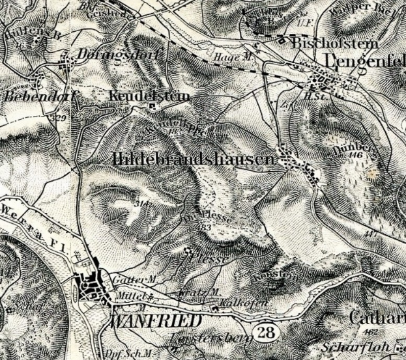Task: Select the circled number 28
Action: [267, 332]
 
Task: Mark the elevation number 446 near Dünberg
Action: [355, 156]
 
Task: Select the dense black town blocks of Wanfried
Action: [91, 285]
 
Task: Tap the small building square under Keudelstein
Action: [152, 106]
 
